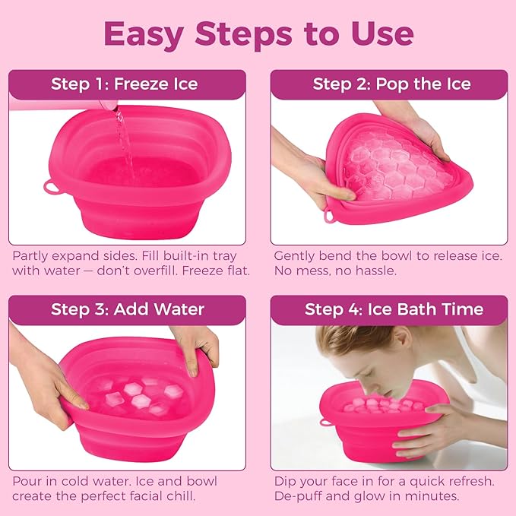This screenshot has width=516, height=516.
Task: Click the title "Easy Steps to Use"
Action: (258, 34)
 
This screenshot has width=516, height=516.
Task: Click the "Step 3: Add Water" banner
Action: (128, 309)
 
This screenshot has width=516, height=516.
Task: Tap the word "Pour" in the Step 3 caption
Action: (27, 481)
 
